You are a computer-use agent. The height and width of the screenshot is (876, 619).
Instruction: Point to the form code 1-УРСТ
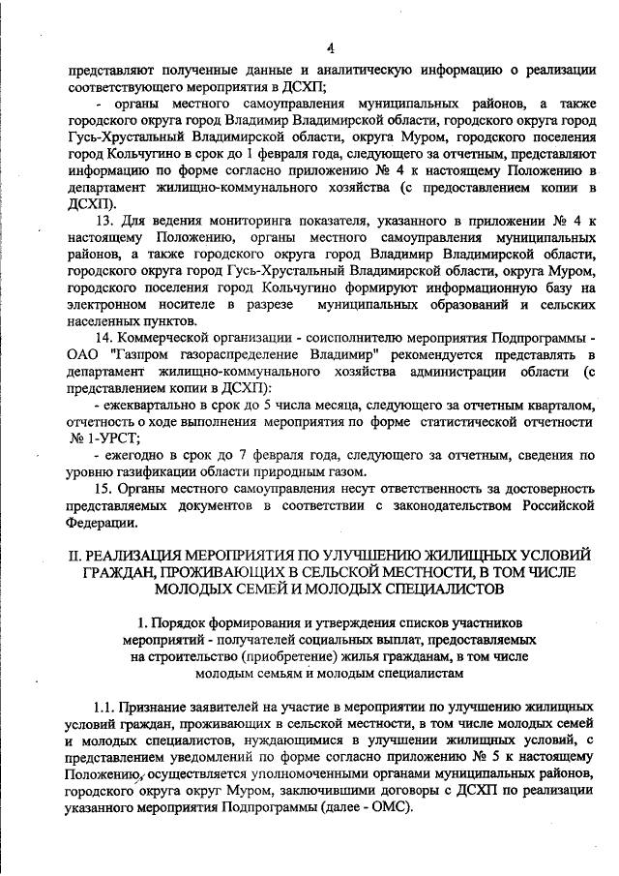point(103,438)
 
